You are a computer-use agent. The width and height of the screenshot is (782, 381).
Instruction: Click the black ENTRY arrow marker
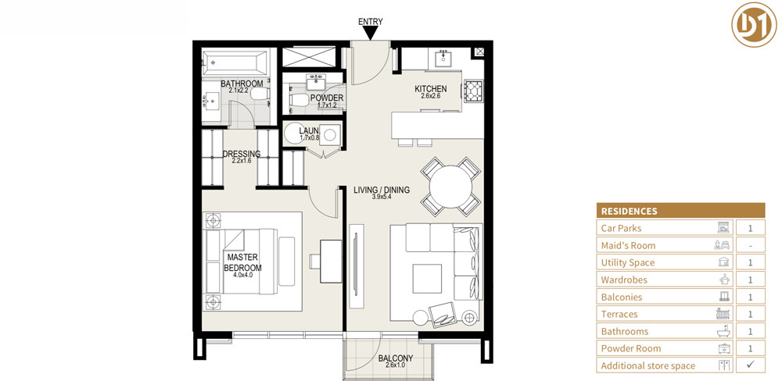(370, 33)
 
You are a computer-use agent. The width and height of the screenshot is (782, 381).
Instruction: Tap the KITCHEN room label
(431, 89)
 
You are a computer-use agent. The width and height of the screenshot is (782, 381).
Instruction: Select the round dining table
(451, 187)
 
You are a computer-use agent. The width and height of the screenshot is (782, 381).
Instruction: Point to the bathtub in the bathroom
(233, 62)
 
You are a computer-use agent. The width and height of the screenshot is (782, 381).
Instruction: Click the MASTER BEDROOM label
(242, 262)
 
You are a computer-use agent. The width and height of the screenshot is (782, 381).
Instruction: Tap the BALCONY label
(393, 358)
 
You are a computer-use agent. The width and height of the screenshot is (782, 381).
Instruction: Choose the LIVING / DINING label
(382, 190)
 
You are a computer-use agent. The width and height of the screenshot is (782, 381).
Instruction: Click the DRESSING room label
(242, 154)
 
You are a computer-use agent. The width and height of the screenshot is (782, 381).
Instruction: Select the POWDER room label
(327, 98)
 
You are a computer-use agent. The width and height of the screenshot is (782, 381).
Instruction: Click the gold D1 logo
(754, 24)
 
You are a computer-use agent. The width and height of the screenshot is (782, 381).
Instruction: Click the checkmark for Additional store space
(750, 365)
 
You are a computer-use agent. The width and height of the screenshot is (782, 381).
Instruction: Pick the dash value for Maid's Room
(750, 245)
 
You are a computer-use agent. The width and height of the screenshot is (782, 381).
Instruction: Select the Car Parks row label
(621, 228)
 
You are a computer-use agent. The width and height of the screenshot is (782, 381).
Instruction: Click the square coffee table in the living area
(427, 278)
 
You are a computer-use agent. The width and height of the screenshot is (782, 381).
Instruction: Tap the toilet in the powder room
(299, 101)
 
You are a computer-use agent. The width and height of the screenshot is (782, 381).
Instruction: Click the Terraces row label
(619, 314)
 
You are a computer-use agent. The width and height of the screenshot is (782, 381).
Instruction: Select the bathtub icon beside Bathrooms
(723, 331)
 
